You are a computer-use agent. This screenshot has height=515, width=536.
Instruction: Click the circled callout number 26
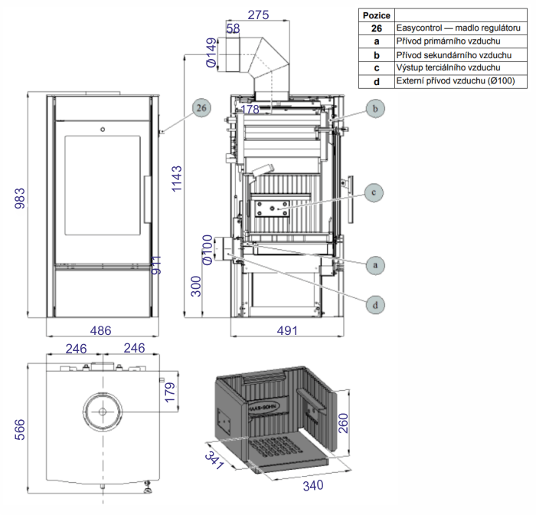coord(201,108)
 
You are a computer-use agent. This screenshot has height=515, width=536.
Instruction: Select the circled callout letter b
coord(375,110)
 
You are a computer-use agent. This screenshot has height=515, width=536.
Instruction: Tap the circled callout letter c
coord(374,192)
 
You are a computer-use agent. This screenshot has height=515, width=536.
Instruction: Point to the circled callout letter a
coord(374,264)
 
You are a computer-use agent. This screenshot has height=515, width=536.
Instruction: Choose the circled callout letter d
coord(375,305)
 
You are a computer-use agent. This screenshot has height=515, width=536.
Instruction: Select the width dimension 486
coord(101,330)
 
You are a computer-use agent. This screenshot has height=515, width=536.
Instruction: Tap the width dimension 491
coord(287,330)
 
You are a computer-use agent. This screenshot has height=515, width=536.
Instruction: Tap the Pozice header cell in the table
coord(376,15)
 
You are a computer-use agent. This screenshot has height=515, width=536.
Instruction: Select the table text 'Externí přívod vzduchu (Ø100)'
coord(456,80)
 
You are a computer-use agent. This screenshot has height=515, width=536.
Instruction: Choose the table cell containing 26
coord(376,28)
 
